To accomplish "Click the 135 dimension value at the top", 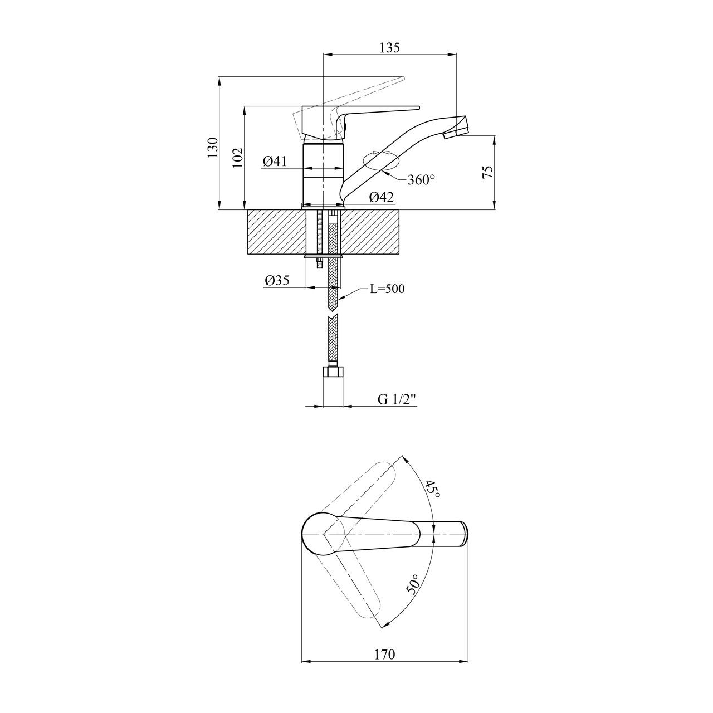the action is pyautogui.click(x=389, y=48).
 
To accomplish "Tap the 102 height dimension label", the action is pyautogui.click(x=238, y=158).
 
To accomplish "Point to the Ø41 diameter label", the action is pyautogui.click(x=275, y=162).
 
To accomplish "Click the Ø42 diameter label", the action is pyautogui.click(x=381, y=197).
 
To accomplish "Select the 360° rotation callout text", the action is pyautogui.click(x=421, y=180).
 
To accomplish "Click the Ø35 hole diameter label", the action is pyautogui.click(x=277, y=280).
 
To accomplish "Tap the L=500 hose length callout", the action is pyautogui.click(x=387, y=289).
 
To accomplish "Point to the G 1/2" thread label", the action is pyautogui.click(x=397, y=399).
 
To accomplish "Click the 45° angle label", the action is pyautogui.click(x=432, y=490).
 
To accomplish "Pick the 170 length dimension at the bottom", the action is pyautogui.click(x=385, y=654).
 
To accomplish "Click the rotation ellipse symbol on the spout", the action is pyautogui.click(x=382, y=162).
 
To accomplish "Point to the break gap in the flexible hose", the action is pyautogui.click(x=333, y=314).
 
